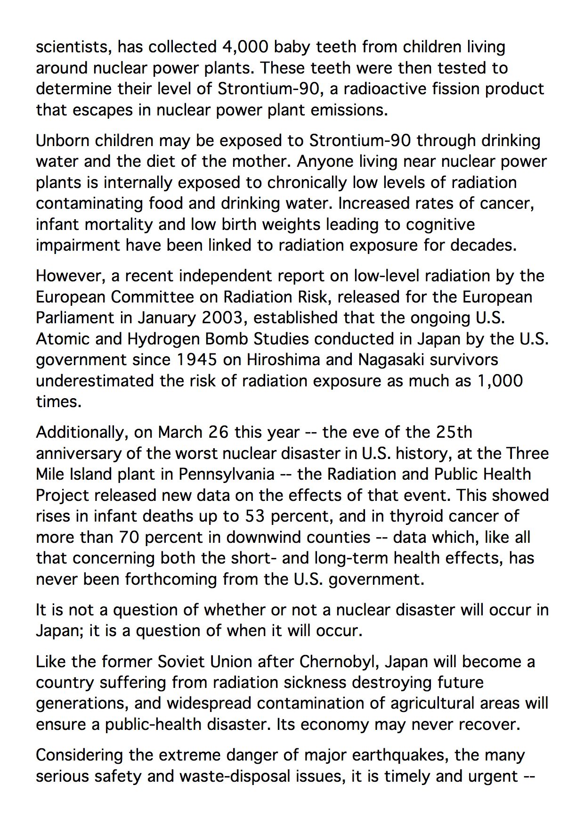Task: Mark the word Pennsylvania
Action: pyautogui.click(x=227, y=474)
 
